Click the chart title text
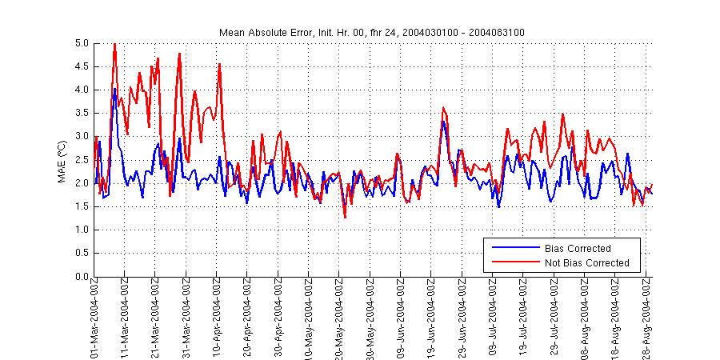[x=372, y=32]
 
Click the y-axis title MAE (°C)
[x=62, y=159]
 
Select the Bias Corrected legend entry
[x=577, y=249]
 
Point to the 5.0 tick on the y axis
[x=82, y=42]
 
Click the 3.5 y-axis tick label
[x=82, y=113]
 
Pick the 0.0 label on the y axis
[x=82, y=277]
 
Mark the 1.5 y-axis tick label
[x=82, y=206]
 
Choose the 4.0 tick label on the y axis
[x=82, y=90]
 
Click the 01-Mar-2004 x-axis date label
[x=95, y=319]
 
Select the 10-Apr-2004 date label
[x=218, y=319]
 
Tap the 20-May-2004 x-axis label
[x=340, y=319]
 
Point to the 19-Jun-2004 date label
[x=432, y=319]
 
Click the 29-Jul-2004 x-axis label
[x=554, y=319]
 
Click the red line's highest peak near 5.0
[x=114, y=44]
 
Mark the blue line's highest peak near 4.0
[x=114, y=89]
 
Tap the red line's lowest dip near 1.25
[x=345, y=217]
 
